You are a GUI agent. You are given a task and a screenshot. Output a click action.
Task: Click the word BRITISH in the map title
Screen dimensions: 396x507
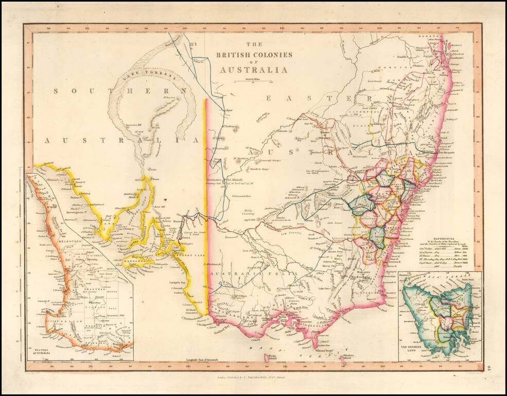pos(232,55)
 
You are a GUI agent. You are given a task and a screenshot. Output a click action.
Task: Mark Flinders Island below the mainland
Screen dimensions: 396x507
pos(349,356)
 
